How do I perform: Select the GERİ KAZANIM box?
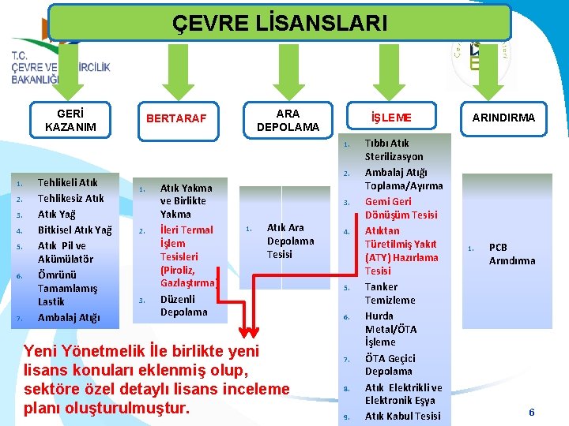[70, 120]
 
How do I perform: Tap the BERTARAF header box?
[176, 119]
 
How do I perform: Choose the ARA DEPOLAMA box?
[288, 120]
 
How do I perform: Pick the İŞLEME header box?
[392, 118]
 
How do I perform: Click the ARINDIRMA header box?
[503, 118]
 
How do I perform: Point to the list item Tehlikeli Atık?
[68, 182]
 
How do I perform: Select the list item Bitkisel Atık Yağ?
[75, 230]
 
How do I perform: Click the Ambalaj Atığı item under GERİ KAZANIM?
[69, 317]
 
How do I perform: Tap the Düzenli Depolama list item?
[183, 305]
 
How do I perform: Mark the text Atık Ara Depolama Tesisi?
[290, 241]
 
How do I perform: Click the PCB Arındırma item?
[511, 253]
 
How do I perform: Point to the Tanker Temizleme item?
[390, 293]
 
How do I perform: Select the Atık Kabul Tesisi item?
[403, 416]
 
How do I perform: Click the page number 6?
[532, 412]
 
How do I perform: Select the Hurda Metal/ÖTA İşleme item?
[391, 329]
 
